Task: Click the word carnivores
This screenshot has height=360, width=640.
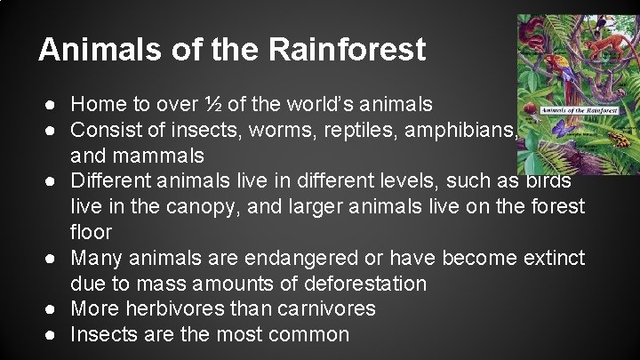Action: [332, 309]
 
